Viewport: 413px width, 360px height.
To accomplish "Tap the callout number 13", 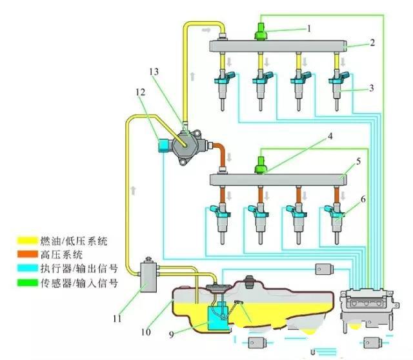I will point(154,72).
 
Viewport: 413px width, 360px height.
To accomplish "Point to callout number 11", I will point(117,318).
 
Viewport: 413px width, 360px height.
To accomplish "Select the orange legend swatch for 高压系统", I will point(25,254).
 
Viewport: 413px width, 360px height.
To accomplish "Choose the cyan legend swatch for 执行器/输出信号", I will point(25,266).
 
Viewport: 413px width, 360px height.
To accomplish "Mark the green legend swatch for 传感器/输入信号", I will point(25,278).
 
